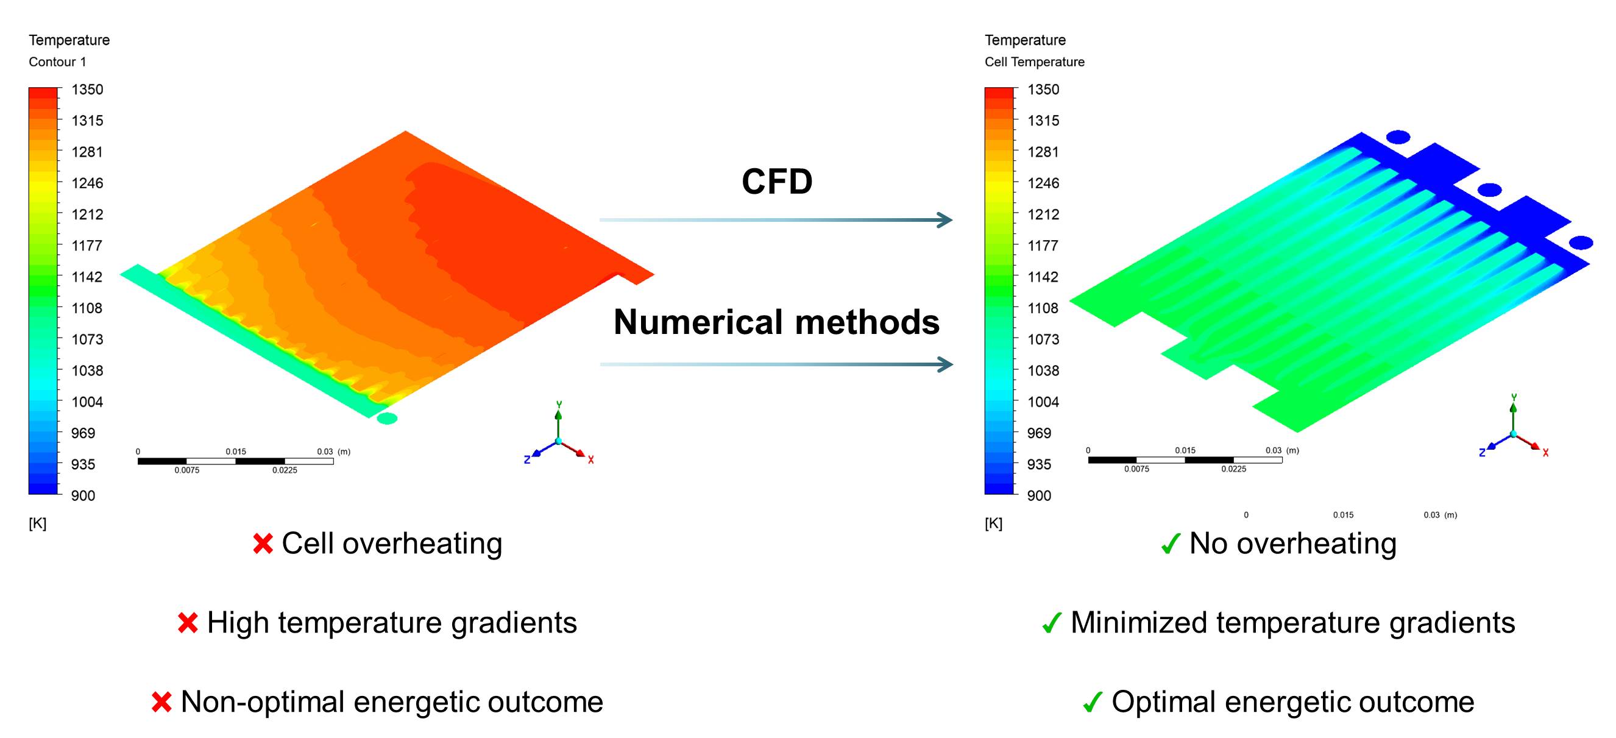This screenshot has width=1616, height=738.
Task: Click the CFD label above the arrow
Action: click(777, 182)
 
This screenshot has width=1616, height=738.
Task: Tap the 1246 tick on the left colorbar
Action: click(87, 183)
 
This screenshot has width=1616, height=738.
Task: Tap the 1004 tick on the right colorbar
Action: click(1043, 402)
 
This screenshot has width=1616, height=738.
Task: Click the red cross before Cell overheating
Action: click(263, 544)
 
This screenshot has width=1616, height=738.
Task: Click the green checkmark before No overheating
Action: click(1171, 544)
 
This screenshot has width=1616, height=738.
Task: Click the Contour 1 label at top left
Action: click(57, 62)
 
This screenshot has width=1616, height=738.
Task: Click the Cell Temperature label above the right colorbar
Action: click(1034, 62)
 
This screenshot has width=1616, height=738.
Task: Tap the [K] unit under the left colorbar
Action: click(38, 523)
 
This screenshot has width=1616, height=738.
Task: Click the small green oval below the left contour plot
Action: click(387, 419)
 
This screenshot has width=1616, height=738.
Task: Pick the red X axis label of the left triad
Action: click(591, 460)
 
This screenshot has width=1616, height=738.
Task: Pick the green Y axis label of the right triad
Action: click(1514, 397)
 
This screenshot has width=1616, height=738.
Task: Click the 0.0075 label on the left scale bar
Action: click(187, 470)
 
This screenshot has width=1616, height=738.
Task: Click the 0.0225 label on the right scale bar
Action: click(1233, 469)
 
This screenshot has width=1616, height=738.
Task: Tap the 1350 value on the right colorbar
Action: click(1043, 90)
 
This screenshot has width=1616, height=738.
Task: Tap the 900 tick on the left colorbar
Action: click(83, 496)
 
